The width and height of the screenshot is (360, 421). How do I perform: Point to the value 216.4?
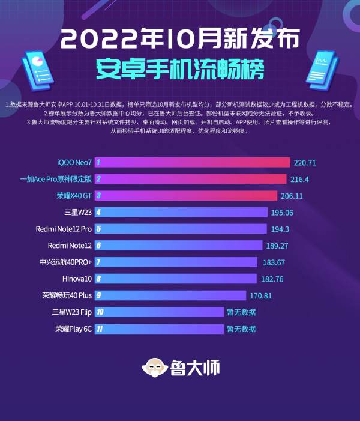pos(303,179)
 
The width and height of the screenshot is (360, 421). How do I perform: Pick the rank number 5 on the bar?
pos(98,229)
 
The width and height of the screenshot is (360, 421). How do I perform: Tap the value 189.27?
pos(281,246)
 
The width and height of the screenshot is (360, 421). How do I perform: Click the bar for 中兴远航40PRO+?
pos(176,262)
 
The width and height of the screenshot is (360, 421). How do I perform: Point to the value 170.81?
pos(265,295)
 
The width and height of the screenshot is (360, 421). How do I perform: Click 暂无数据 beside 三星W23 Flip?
pos(241,312)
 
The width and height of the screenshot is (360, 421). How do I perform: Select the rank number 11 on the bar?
pos(100,329)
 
